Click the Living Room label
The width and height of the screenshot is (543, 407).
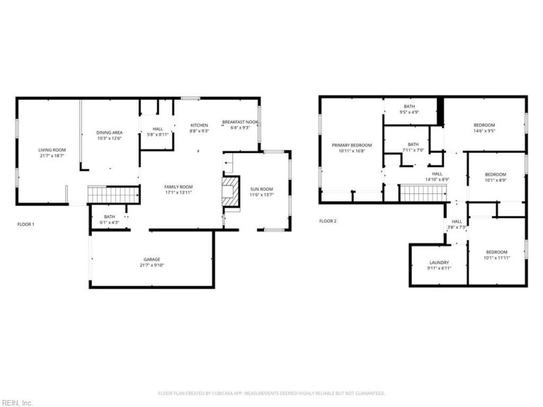(x=52, y=149)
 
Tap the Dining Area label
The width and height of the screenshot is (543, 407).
(x=109, y=132)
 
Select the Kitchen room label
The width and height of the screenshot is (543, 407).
(x=199, y=125)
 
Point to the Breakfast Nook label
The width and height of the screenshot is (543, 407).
(x=236, y=122)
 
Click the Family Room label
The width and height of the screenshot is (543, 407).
(x=179, y=187)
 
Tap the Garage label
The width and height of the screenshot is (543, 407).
(x=151, y=259)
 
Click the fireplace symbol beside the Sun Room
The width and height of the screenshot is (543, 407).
(x=232, y=193)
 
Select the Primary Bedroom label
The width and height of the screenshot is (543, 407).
(x=352, y=145)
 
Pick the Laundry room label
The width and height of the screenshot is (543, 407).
(x=439, y=263)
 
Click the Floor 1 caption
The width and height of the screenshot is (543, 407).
(x=26, y=224)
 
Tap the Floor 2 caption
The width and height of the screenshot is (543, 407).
(x=328, y=221)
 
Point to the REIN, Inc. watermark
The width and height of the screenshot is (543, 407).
(x=17, y=402)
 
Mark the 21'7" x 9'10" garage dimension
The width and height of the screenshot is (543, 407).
(x=151, y=265)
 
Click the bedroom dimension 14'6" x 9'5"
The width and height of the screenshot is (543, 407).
(x=484, y=131)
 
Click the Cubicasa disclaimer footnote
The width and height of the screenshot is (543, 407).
(x=271, y=393)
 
